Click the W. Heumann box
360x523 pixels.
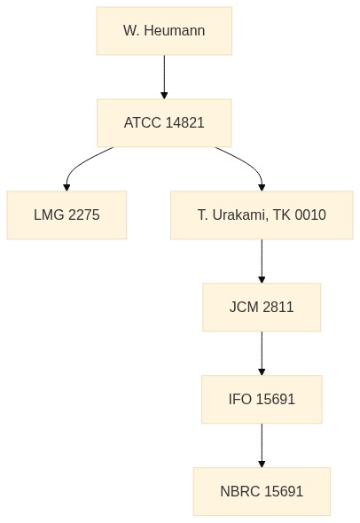[164, 31]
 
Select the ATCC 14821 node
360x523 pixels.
[164, 122]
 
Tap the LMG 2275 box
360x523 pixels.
[67, 215]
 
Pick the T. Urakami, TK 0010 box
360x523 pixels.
[262, 215]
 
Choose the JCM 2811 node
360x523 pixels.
[262, 307]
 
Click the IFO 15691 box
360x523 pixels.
[262, 399]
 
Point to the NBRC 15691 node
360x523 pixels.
[262, 491]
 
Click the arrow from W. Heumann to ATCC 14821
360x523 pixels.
[164, 77]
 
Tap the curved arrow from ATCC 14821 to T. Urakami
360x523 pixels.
[249, 164]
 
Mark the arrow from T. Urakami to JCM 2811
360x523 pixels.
[262, 261]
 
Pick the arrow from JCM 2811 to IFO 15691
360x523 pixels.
[262, 353]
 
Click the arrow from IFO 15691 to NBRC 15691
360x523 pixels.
[262, 445]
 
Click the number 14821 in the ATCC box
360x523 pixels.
[184, 122]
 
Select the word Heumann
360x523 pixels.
[175, 31]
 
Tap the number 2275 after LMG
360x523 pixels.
[83, 215]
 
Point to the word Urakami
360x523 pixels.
[239, 215]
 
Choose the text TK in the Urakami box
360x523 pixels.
[282, 215]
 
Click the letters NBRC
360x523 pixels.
[240, 491]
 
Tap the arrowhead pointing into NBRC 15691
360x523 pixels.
[262, 464]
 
